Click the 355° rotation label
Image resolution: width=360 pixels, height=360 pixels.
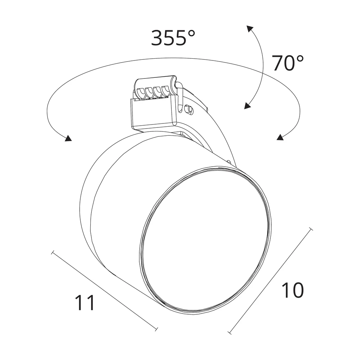click(x=173, y=37)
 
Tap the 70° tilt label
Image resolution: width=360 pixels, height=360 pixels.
click(x=288, y=63)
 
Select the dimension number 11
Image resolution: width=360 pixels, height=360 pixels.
click(x=85, y=302)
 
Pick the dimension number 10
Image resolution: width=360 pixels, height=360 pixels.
click(x=292, y=290)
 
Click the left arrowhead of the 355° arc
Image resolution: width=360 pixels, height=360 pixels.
click(x=68, y=138)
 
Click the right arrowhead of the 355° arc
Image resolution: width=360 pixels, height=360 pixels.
click(x=280, y=137)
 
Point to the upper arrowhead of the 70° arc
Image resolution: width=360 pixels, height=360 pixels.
click(x=250, y=28)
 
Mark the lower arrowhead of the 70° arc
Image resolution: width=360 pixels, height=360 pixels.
click(x=247, y=105)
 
